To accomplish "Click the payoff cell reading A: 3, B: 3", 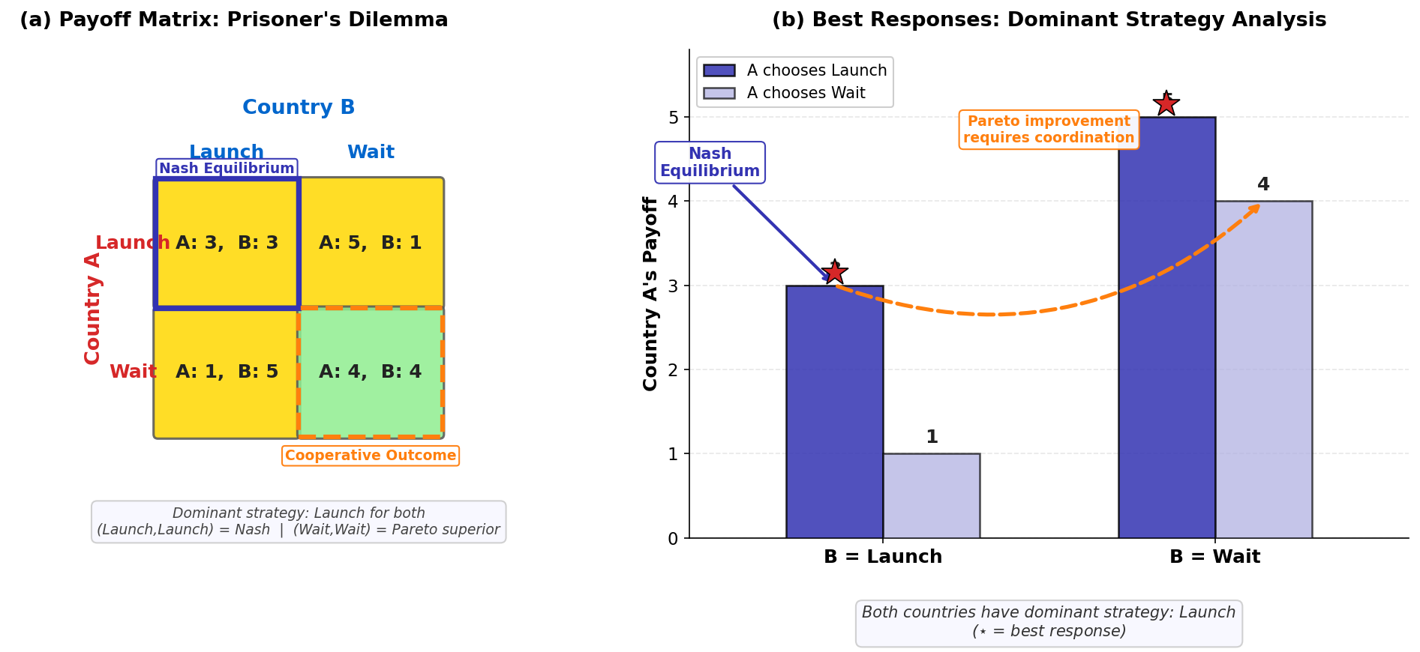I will pos(227,244).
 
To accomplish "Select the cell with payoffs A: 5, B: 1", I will pos(371,244).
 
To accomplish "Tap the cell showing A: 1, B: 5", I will pos(227,372).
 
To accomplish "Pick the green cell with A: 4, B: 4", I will pos(371,372).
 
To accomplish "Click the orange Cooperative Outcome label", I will pos(371,456).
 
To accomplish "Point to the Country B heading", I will pos(299,108).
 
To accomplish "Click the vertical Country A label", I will pos(93,309).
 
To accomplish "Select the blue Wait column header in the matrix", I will pos(371,153).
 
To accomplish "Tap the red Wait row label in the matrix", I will pos(133,372).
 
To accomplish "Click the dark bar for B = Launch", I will pos(834,412).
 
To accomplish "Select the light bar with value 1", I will pos(931,495).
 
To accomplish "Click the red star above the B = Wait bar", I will pos(1166,103).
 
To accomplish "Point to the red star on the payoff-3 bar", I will pos(834,272).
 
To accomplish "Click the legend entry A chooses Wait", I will pos(806,93).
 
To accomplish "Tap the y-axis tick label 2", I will pos(673,370).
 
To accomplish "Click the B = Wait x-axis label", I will pos(1214,557).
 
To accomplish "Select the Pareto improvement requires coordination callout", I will pos(1049,130).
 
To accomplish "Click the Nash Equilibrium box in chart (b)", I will pos(710,163).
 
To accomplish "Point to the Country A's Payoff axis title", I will pos(650,294).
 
